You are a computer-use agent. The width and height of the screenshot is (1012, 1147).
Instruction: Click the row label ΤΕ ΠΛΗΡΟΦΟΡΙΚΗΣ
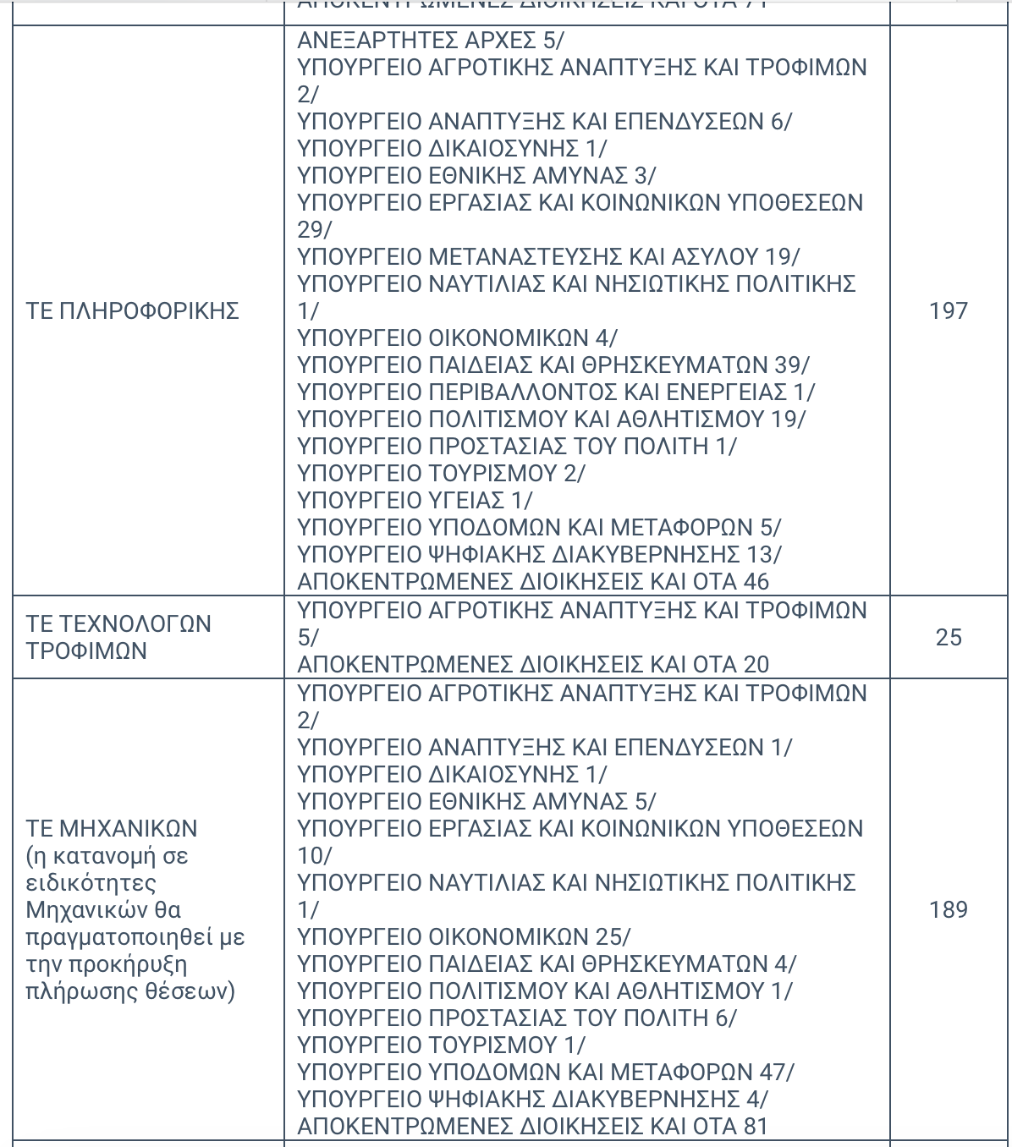coord(133,310)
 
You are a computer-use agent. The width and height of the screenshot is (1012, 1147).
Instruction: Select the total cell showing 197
coord(948,310)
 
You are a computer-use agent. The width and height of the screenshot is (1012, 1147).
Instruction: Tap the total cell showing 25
coord(948,637)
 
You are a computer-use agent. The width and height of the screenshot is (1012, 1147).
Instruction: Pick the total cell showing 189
coord(948,909)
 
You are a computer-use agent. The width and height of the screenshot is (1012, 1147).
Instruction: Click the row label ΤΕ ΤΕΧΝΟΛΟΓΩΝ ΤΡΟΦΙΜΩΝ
coord(118,637)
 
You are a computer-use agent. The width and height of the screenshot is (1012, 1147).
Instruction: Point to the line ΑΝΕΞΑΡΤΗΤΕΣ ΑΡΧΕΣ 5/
coord(431,40)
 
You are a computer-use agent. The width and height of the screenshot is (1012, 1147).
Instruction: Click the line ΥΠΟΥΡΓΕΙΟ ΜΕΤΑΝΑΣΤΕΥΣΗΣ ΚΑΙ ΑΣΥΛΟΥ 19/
coord(548,256)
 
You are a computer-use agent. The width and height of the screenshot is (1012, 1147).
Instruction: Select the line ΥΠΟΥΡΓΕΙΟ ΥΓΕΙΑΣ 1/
coord(415,500)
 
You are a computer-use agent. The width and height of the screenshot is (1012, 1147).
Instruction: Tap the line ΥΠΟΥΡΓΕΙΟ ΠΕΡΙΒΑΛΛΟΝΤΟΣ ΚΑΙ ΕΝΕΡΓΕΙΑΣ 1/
coord(556,392)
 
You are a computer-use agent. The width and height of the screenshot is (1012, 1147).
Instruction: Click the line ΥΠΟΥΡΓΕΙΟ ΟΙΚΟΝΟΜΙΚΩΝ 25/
coord(464,936)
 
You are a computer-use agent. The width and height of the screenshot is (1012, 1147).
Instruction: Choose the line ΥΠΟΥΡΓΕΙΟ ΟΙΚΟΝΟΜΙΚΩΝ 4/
coord(457,338)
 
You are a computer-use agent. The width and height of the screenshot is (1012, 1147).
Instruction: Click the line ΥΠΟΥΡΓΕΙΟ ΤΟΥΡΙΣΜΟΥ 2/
coord(441,473)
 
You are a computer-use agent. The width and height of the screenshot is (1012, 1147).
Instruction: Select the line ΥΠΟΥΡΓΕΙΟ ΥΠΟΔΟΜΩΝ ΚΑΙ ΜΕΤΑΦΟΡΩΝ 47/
coord(546,1072)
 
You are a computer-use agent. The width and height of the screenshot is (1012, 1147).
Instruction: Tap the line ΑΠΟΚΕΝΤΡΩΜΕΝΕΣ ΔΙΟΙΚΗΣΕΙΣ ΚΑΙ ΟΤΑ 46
coord(533,581)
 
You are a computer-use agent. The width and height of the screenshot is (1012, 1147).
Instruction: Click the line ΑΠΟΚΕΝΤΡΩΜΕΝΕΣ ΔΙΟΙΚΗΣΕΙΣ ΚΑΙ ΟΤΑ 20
coord(533,664)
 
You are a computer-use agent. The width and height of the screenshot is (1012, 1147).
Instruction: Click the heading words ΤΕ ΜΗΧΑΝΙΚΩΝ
coord(112,828)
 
